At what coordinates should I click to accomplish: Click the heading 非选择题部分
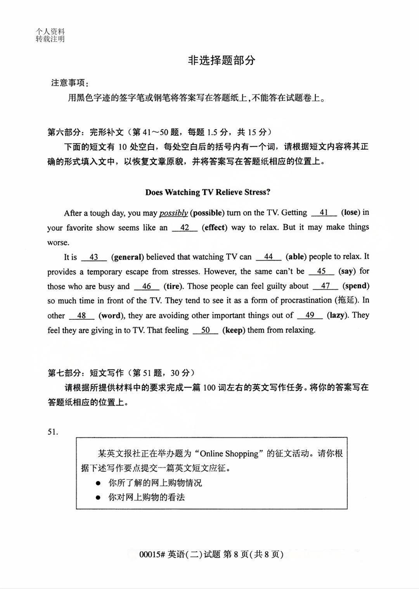point(222,60)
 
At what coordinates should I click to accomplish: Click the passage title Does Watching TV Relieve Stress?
point(208,192)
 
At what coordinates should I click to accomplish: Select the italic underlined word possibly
point(173,213)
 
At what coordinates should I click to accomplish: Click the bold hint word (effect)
point(214,228)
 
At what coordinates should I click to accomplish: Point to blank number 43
point(93,257)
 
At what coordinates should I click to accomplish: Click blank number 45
point(321,271)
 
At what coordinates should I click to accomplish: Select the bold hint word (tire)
point(173,286)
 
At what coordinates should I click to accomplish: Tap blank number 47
point(325,286)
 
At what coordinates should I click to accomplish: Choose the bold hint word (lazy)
point(337,315)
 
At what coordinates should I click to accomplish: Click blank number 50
point(205,330)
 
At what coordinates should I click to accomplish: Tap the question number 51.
point(53,432)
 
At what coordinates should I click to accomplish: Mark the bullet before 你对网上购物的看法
point(99,497)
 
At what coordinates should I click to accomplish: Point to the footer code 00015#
point(152,554)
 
